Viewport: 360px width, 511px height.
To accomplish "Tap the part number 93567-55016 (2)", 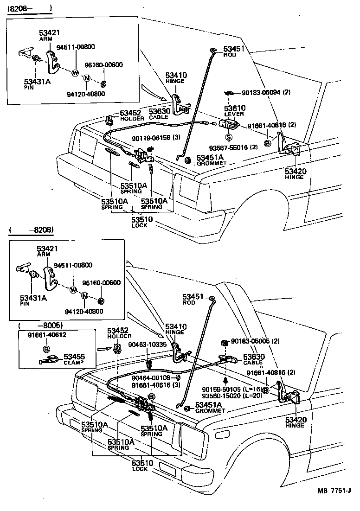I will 233,147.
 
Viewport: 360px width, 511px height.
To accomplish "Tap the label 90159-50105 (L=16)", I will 232,389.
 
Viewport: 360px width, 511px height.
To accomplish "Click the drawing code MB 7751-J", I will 334,503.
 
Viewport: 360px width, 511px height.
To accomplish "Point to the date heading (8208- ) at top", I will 29,8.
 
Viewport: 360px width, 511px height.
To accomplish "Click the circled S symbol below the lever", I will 229,138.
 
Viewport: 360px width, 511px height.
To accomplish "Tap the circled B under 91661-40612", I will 46,349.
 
